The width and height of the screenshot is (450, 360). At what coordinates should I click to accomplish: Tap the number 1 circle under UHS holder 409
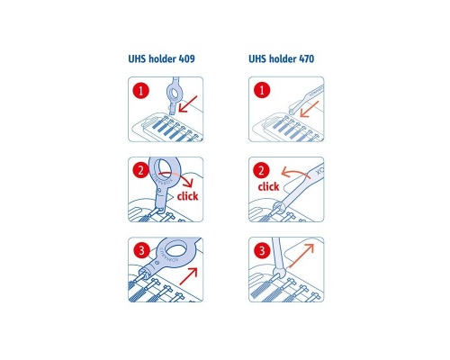[141, 91]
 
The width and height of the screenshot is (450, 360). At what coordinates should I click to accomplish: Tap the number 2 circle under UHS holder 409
[141, 170]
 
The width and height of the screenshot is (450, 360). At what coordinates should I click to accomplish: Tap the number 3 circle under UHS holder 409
[141, 251]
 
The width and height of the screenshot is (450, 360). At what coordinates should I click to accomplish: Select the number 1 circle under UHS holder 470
[261, 91]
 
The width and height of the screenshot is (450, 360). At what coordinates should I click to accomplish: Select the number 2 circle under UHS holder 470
[261, 170]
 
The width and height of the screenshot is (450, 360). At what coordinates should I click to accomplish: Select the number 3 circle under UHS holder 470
[261, 251]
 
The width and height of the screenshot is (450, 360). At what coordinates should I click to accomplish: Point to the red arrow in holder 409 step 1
[188, 106]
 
